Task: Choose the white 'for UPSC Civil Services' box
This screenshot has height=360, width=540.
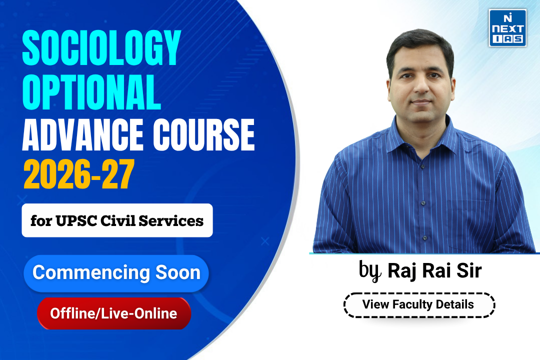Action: [117, 220]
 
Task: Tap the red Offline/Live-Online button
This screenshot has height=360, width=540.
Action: [113, 313]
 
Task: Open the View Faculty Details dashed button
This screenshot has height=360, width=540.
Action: [418, 304]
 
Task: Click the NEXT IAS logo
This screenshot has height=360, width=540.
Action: [507, 28]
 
